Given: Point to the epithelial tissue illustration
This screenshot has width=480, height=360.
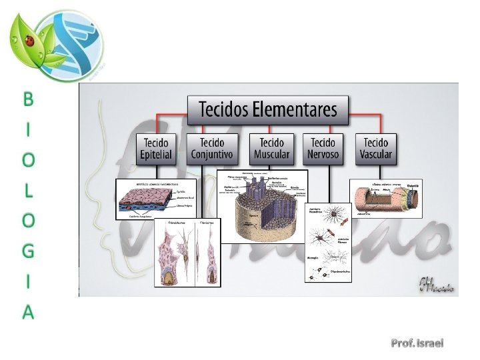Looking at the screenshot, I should [x=156, y=199].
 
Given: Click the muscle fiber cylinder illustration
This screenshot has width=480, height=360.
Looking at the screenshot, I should [x=263, y=206].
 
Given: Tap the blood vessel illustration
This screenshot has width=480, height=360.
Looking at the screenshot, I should [x=386, y=198].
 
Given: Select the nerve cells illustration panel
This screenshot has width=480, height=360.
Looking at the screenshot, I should [x=328, y=243].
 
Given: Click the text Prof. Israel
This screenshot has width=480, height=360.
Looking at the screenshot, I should [x=417, y=343].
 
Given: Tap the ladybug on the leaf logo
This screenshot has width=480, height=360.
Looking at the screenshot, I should [x=30, y=41].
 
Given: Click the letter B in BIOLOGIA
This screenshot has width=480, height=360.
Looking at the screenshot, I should [x=28, y=100].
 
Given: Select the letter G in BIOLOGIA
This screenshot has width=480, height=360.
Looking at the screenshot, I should [x=28, y=251].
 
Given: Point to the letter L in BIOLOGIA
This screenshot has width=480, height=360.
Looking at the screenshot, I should [x=28, y=191].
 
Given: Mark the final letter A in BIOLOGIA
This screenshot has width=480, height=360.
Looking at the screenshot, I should [x=28, y=311].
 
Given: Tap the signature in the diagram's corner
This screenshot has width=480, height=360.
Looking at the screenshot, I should [x=437, y=285].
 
